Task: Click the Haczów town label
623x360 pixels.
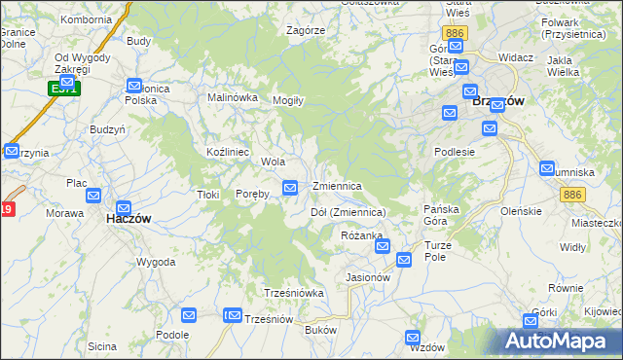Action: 128,220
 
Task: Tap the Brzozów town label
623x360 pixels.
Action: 497,100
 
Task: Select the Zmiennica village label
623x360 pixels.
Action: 337,186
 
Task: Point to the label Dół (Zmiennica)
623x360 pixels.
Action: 348,212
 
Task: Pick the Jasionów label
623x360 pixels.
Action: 368,277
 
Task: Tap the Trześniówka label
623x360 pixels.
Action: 293,293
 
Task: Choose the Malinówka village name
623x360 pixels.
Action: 233,97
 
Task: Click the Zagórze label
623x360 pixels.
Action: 306,30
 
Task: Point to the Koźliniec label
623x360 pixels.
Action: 229,153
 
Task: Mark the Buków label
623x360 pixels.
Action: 320,331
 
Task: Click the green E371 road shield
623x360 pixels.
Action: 65,89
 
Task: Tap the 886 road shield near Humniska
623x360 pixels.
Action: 572,196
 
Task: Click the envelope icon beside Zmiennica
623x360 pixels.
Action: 290,187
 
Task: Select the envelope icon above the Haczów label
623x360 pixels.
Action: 124,207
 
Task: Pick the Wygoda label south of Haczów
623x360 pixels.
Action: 156,263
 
